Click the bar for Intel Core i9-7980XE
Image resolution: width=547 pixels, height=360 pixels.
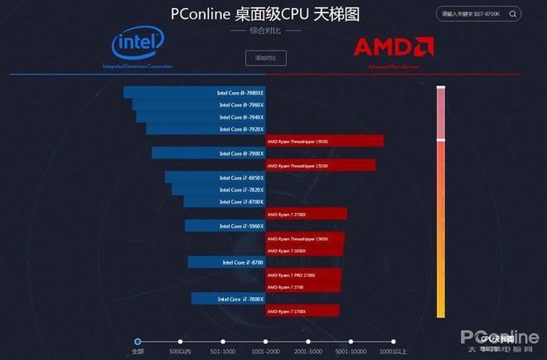[x=194, y=93]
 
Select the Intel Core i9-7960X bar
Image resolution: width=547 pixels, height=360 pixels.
[x=200, y=105]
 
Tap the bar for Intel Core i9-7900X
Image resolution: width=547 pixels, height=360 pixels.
[x=208, y=153]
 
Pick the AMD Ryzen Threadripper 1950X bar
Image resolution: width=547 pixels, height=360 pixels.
[x=324, y=141]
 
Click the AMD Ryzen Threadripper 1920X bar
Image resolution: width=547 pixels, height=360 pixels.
[x=320, y=165]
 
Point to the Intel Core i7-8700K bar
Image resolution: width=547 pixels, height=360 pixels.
[x=224, y=202]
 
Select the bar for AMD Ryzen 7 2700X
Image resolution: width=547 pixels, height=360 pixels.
[x=306, y=214]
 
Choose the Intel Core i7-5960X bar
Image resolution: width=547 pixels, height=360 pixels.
[x=225, y=226]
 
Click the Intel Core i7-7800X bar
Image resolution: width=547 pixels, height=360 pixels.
[x=228, y=299]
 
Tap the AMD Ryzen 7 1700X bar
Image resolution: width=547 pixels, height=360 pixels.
[x=302, y=311]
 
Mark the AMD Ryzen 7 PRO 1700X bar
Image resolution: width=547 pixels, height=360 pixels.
[x=303, y=275]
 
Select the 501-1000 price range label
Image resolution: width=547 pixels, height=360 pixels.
[x=223, y=352]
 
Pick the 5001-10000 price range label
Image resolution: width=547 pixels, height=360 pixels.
[x=350, y=352]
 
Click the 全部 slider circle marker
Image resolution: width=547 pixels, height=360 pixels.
[x=138, y=340]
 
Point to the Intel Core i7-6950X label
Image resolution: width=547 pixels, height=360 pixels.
[x=241, y=178]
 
